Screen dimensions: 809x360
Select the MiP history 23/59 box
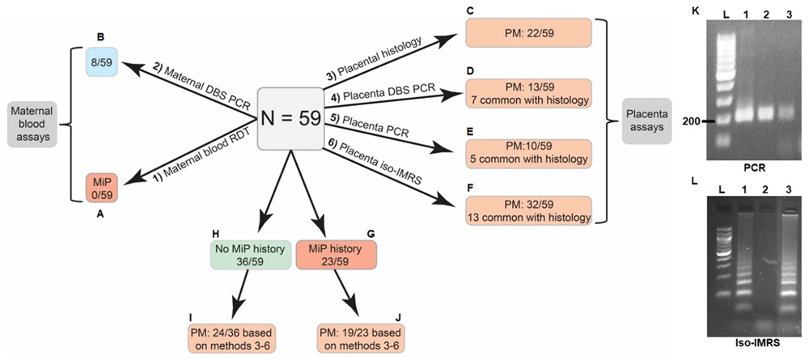pos(337,255)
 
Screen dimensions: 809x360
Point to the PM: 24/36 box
pos(230,338)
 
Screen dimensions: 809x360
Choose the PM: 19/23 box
pos(361,338)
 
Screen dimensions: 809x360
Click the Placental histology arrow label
pos(383,59)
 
